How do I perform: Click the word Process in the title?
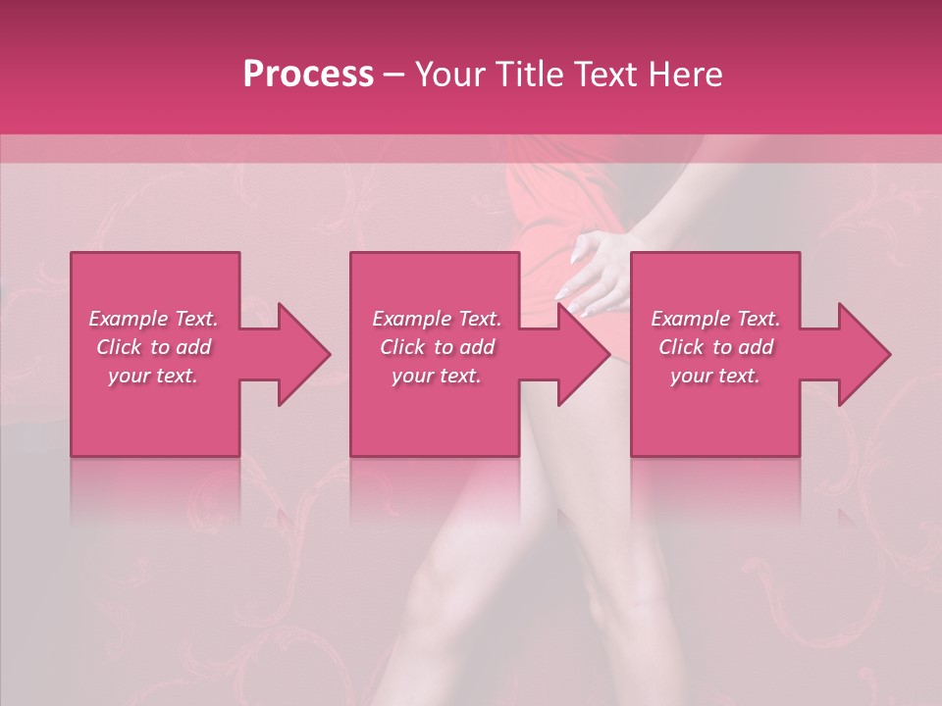point(308,75)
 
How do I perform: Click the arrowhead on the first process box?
point(302,354)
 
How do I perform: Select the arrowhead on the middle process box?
point(583,354)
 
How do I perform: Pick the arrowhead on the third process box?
point(863,354)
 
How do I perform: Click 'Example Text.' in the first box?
point(153,319)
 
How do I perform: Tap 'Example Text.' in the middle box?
point(437,319)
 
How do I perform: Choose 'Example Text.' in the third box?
point(715,319)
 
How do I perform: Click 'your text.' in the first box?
point(153,376)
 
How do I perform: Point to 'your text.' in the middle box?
point(437,376)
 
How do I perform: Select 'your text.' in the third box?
point(715,376)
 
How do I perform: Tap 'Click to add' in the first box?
point(153,347)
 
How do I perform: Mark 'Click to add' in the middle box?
point(437,347)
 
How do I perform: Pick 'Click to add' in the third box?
point(715,347)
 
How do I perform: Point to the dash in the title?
point(393,75)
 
